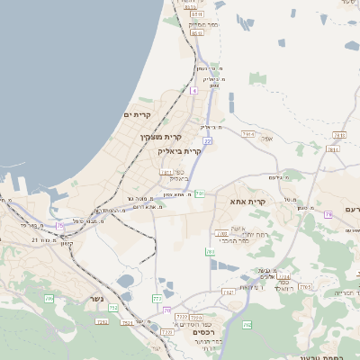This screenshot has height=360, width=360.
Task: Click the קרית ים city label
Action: (140, 115)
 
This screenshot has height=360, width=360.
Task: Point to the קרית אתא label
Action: (247, 202)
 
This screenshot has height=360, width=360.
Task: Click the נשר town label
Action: (96, 299)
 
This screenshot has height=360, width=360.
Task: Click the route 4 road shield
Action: (193, 91)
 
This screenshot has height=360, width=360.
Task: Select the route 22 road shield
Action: (207, 141)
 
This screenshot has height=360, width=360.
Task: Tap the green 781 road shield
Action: (200, 193)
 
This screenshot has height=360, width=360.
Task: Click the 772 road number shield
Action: (157, 298)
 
